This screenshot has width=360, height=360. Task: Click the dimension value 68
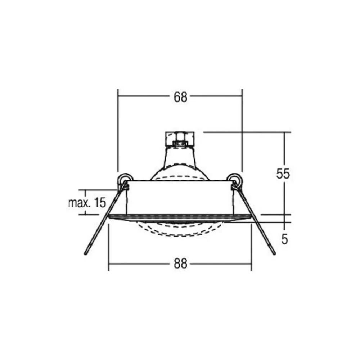(x=180, y=97)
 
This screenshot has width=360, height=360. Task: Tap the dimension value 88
(x=180, y=264)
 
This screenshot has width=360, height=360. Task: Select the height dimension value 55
(x=283, y=174)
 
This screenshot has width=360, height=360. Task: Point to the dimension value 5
(x=285, y=240)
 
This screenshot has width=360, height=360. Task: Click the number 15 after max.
(x=100, y=203)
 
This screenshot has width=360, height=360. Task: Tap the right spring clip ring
(x=234, y=179)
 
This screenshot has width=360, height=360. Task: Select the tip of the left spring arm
(x=85, y=254)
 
